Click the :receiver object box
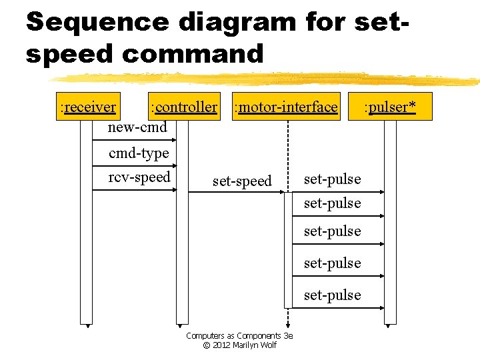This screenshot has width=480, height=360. pyautogui.click(x=88, y=107)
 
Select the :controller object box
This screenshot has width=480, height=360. pyautogui.click(x=184, y=107)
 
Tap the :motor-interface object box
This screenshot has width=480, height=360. pyautogui.click(x=285, y=107)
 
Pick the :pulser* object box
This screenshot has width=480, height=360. pyautogui.click(x=390, y=107)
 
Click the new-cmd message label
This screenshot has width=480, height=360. pyautogui.click(x=137, y=127)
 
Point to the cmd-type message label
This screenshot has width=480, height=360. pyautogui.click(x=139, y=153)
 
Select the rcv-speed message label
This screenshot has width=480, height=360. pyautogui.click(x=139, y=177)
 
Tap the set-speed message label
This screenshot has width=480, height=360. pyautogui.click(x=242, y=181)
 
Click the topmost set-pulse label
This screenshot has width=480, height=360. pyautogui.click(x=332, y=179)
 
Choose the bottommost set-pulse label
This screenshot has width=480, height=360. pyautogui.click(x=332, y=295)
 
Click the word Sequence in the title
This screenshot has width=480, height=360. pyautogui.click(x=97, y=21)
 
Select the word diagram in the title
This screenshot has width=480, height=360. pyautogui.click(x=237, y=21)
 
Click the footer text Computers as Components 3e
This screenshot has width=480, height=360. pyautogui.click(x=239, y=336)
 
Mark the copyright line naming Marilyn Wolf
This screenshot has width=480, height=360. pyautogui.click(x=239, y=345)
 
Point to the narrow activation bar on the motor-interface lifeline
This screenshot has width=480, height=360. pyautogui.click(x=288, y=250)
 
